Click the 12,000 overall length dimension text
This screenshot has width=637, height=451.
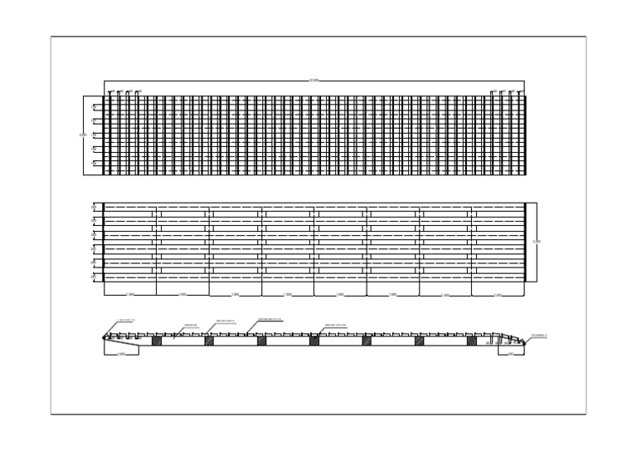pos(314,81)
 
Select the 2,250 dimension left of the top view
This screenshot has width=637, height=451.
pos(82,135)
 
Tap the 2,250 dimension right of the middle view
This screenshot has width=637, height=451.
pos(537,242)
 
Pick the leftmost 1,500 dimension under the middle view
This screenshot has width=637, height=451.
pos(129,295)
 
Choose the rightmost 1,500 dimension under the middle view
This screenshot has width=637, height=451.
pos(498,295)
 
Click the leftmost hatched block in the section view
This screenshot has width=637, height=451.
pos(156,341)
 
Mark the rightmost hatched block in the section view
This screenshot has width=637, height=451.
pos(471,341)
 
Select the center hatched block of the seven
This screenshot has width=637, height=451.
pos(314,341)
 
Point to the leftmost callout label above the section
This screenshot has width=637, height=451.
pos(126,320)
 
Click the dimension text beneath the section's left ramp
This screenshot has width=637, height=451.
pos(121,354)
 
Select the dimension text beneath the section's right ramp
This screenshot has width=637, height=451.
pos(510,354)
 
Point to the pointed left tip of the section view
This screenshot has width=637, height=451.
pos(104,338)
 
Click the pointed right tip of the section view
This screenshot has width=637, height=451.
pos(525,341)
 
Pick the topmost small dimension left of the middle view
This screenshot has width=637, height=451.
pos(94,208)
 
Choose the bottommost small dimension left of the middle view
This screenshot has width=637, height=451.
pos(94,277)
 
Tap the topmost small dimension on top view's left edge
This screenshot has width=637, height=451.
pos(94,107)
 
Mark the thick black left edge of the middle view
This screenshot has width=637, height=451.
pos(104,242)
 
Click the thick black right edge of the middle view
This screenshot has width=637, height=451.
pos(525,242)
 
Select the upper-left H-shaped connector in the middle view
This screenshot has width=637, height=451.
pos(156,214)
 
